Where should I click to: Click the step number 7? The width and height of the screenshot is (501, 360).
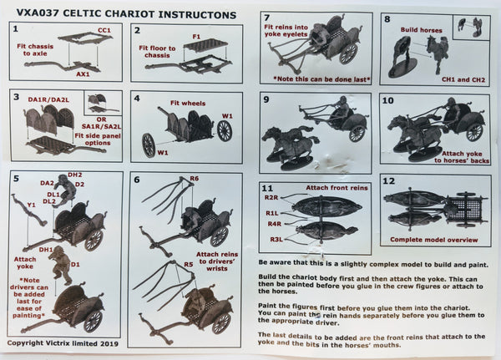[x=267, y=18]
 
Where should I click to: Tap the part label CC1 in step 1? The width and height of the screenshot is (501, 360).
[x=104, y=31]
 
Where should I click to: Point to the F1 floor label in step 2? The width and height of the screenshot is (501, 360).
[x=196, y=36]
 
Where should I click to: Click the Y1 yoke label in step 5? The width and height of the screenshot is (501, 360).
[x=30, y=205]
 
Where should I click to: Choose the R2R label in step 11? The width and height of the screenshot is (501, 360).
[x=271, y=198]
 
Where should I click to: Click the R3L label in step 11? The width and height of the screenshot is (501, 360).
[x=275, y=240]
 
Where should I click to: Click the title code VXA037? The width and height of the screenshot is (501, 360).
[x=28, y=8]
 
